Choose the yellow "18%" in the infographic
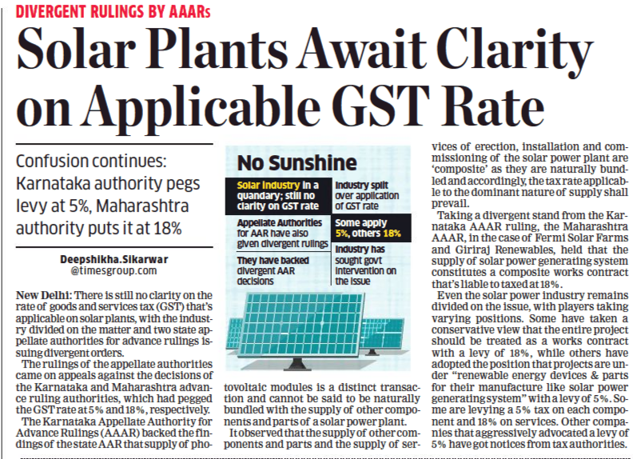pyautogui.click(x=392, y=233)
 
